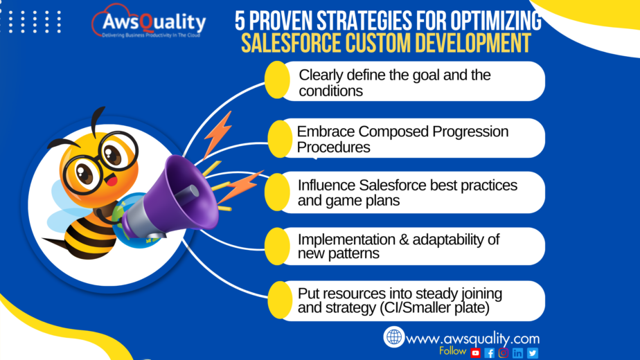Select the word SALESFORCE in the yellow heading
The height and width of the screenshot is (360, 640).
(297, 44)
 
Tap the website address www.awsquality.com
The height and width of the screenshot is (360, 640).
(473, 339)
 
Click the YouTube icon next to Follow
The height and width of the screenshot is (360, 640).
(476, 352)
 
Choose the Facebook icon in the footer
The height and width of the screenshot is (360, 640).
(490, 352)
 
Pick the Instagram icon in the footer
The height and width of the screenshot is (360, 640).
(504, 352)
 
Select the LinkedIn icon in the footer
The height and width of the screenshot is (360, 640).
(518, 352)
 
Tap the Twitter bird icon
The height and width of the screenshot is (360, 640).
(532, 352)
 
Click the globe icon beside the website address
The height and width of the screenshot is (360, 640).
(394, 337)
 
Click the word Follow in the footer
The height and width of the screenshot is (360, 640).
(453, 351)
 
